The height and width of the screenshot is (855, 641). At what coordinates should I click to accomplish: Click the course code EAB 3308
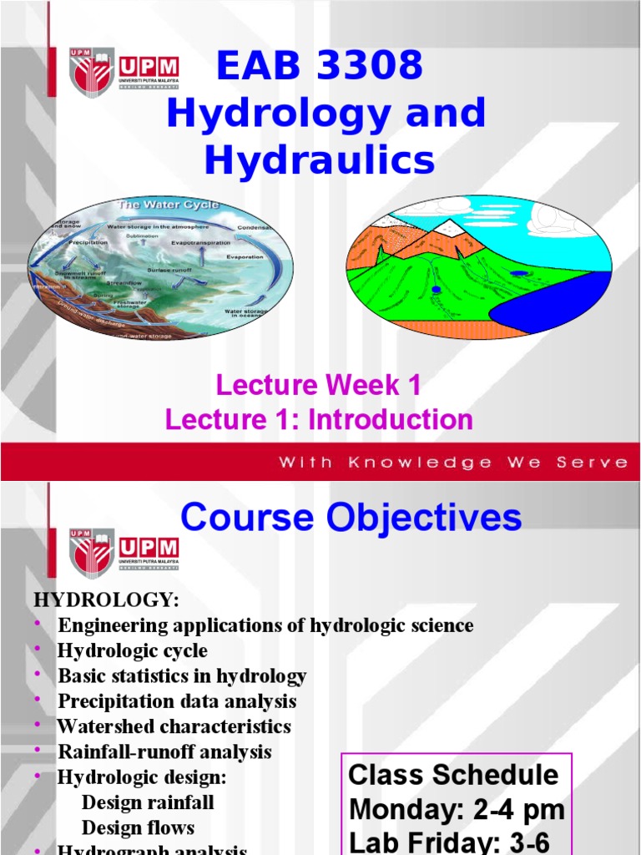pos(320,66)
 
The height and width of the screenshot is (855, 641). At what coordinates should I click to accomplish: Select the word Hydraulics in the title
pos(320,159)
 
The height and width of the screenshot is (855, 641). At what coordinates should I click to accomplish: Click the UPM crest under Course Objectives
pos(91,552)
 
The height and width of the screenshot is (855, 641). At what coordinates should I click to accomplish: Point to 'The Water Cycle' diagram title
pos(168,205)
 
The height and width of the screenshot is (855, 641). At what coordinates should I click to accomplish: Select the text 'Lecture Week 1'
pos(318,385)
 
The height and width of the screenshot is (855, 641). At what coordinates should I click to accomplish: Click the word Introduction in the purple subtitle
pos(391,419)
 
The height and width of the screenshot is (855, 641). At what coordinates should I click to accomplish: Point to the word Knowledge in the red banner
pos(431,463)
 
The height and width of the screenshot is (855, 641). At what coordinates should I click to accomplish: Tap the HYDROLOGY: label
pos(105,600)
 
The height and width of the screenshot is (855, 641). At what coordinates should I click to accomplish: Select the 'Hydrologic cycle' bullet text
pos(133,650)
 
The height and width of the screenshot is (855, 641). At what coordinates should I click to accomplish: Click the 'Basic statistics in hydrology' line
pos(182,675)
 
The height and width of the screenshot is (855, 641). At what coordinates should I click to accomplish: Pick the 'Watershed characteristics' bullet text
pos(174,726)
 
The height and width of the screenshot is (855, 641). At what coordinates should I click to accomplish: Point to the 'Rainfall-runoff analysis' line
pos(164,751)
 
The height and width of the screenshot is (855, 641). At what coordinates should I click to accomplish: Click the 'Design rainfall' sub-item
pos(148,802)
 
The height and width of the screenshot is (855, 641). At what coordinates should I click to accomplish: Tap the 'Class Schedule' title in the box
pos(453,775)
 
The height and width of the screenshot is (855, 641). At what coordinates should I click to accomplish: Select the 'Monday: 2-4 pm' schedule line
pos(457,809)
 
